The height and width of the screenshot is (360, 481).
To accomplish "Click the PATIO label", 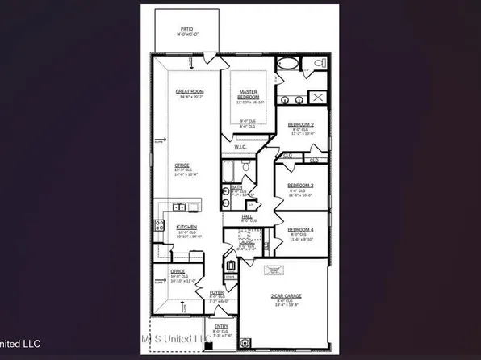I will tap(186, 29).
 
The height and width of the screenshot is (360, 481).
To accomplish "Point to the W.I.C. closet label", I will tap(240, 147).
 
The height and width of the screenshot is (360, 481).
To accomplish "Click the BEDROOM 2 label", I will tap(299, 123).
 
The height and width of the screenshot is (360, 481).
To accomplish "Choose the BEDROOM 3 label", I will tap(299, 186).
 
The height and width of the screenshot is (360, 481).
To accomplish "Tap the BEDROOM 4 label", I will tap(299, 230).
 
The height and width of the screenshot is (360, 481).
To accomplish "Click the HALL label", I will tap(248, 216).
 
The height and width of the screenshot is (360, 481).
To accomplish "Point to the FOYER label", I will tap(216, 292).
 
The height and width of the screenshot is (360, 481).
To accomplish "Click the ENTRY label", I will tap(220, 326).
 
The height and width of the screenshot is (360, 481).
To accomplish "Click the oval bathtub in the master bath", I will tap(287, 65).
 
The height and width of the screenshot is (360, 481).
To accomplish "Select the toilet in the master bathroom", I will tap(319, 63).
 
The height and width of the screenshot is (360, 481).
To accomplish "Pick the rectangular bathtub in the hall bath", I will tap(229, 172).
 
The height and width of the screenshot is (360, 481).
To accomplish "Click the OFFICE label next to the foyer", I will tap(178, 271).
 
